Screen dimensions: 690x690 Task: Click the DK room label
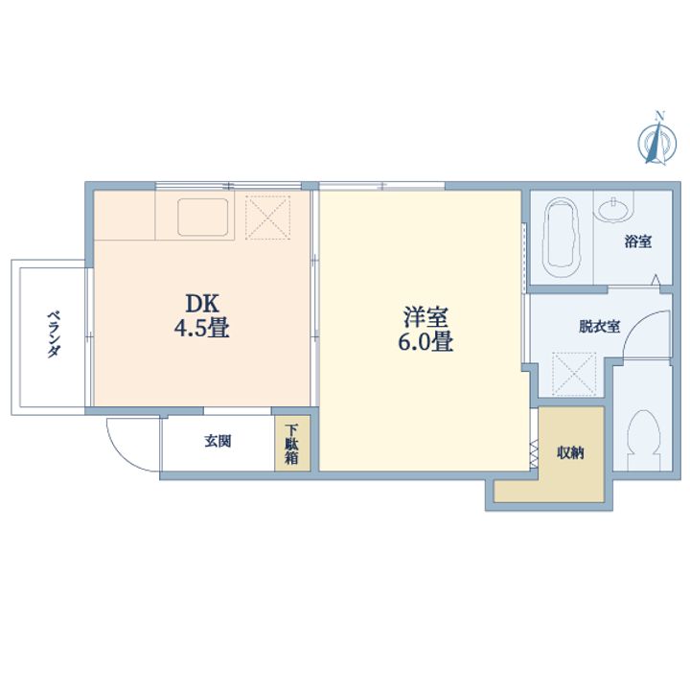[202, 303]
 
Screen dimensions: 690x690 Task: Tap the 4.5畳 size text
[201, 328]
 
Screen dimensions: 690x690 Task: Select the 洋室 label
[425, 317]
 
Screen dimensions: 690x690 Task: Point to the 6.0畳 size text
[425, 341]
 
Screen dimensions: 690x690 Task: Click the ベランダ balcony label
[54, 334]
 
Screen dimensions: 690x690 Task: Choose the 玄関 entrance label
[218, 441]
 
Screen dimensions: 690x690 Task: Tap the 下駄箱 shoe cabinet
[291, 444]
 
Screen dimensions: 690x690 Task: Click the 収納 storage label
[570, 452]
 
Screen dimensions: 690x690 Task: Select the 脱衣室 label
[599, 327]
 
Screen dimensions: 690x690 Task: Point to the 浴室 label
[638, 241]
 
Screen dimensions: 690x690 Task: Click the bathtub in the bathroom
[561, 238]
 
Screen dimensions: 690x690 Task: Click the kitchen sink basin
[203, 217]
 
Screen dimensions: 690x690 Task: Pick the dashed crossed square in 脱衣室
[574, 374]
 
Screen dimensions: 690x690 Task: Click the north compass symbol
[657, 140]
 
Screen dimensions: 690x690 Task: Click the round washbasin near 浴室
[612, 209]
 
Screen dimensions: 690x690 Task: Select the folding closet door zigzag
[534, 454]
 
